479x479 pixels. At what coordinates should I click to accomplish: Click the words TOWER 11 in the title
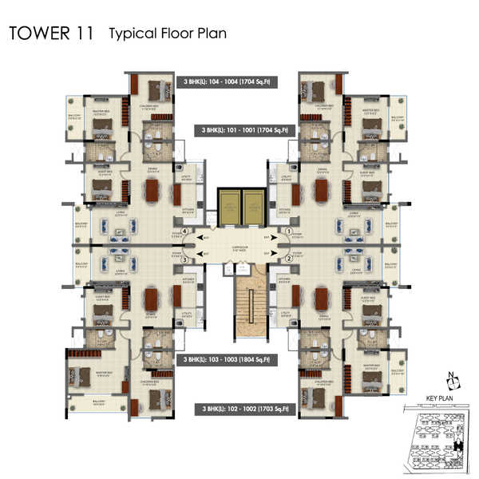click(x=51, y=34)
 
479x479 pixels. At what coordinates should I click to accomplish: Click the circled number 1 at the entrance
click(x=289, y=232)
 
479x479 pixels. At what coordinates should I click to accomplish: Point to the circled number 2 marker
click(x=289, y=259)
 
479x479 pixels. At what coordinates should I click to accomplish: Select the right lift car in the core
click(x=252, y=207)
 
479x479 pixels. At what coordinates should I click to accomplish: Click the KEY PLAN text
click(x=440, y=396)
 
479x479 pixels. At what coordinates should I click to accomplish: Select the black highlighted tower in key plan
click(x=456, y=447)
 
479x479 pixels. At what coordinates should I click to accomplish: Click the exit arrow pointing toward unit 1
click(x=268, y=237)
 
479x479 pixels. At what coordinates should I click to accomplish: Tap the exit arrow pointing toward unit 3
click(x=207, y=255)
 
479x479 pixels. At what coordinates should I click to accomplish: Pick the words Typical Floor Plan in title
click(x=168, y=34)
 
